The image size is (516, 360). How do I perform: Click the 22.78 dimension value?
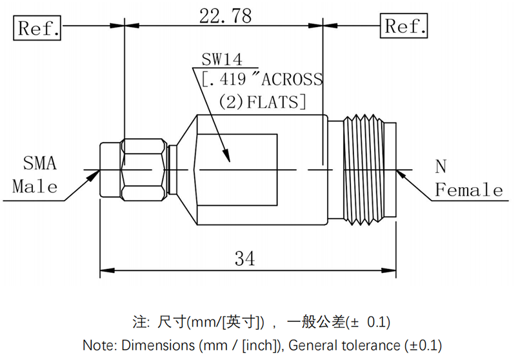tap(225, 15)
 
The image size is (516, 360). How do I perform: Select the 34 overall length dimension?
tap(244, 259)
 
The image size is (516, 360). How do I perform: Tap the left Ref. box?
tap(39, 28)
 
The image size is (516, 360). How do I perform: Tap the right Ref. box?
tap(404, 26)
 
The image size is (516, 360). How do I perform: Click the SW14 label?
tap(221, 60)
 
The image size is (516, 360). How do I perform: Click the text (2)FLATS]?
tap(262, 102)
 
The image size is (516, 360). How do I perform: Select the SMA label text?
tap(40, 163)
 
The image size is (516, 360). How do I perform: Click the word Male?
tap(35, 187)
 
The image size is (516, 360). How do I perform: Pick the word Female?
tap(469, 190)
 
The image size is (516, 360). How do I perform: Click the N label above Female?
tap(441, 167)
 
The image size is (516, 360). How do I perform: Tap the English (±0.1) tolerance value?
tap(422, 344)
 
